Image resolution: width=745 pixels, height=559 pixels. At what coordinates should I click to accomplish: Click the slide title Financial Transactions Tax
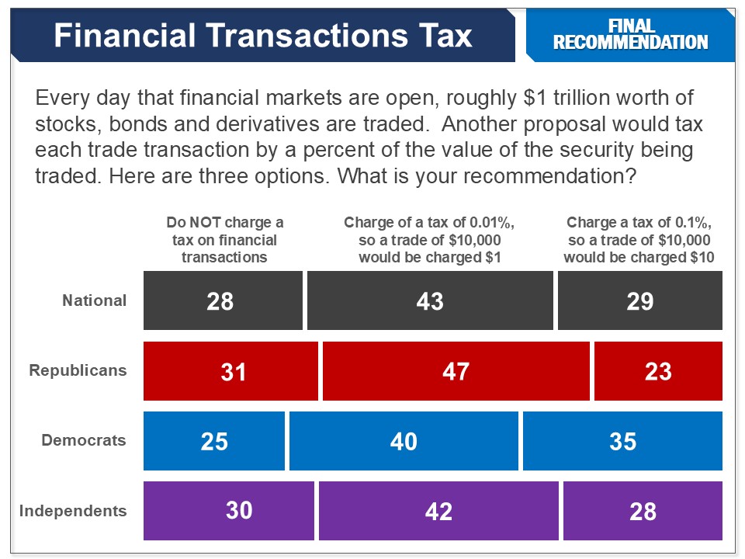pos(262,36)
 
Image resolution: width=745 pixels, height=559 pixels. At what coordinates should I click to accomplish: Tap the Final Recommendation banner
pos(630,35)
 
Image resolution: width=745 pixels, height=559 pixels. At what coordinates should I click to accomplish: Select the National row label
pos(94,300)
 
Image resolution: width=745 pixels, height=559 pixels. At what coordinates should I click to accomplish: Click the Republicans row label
pos(78,370)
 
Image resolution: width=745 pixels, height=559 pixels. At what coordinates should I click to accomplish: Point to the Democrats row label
pos(84,440)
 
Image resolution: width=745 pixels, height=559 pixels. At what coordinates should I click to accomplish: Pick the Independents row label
pos(73,511)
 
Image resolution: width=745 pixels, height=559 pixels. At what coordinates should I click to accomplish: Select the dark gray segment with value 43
pos(430,300)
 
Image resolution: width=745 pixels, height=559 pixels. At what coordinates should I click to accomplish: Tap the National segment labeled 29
pos(640,300)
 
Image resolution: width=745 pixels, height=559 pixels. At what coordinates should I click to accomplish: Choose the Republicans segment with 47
pos(456,371)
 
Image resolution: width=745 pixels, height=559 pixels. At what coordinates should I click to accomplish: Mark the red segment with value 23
pos(658,371)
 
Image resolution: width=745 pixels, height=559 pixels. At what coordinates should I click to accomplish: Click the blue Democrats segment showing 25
pos(214,441)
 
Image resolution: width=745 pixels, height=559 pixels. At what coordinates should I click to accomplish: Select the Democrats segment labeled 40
pos(404,441)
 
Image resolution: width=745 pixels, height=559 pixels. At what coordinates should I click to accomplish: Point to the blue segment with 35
pos(622,441)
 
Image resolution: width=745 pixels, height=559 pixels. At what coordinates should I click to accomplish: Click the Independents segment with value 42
pos(438,511)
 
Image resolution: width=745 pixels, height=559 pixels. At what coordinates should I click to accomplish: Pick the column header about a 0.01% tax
pos(430,240)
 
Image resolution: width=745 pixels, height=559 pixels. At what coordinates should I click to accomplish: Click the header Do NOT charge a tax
pos(224,240)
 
